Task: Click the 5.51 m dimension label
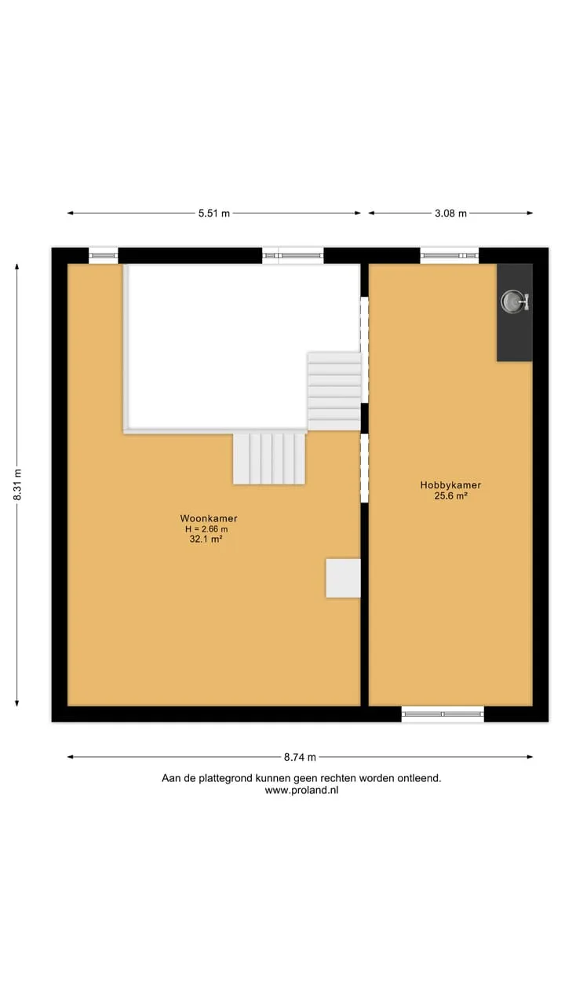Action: click(x=214, y=214)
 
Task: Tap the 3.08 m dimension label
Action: click(x=450, y=214)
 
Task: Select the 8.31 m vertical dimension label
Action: click(x=17, y=484)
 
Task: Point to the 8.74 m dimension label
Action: click(x=300, y=758)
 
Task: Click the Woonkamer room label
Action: click(x=209, y=518)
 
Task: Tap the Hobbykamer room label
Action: click(x=450, y=485)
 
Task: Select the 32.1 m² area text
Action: click(x=206, y=539)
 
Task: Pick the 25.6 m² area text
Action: click(x=450, y=495)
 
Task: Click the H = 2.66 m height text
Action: click(x=206, y=529)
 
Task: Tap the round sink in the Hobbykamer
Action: click(x=510, y=301)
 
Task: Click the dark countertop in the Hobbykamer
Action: click(x=514, y=312)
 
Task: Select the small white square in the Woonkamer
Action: click(x=343, y=579)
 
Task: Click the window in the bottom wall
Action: click(x=443, y=714)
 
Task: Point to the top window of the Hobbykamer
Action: click(x=450, y=255)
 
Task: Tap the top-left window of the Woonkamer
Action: click(x=103, y=255)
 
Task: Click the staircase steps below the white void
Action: click(x=269, y=459)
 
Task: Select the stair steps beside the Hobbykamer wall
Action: click(x=334, y=391)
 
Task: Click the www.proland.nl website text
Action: click(x=301, y=790)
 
